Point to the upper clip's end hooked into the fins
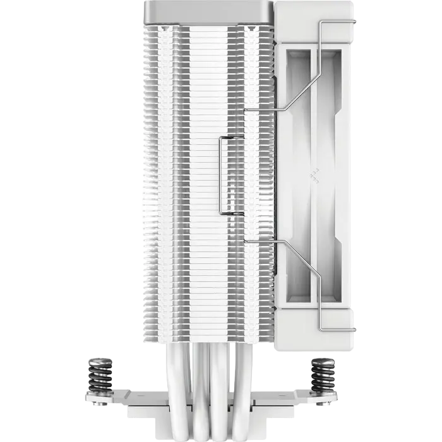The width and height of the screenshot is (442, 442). click(248, 111)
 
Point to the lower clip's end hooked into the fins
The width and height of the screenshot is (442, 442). click(248, 241)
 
